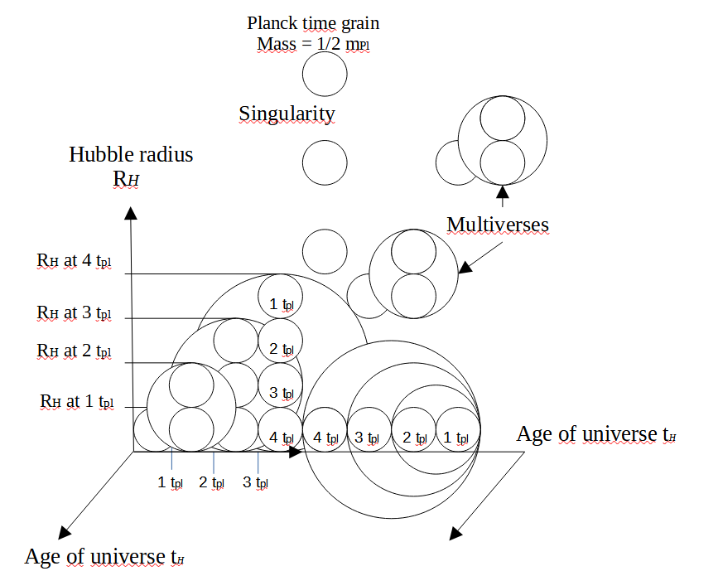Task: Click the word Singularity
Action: (287, 113)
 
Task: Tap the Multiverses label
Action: (497, 224)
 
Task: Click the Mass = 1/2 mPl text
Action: (311, 42)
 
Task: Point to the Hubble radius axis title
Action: (131, 154)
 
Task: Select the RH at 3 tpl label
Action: (74, 312)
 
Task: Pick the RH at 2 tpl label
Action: (74, 351)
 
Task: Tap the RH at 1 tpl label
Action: (76, 402)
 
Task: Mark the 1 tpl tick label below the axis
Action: (171, 481)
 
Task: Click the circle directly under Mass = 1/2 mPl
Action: (325, 75)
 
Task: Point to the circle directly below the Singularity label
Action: (325, 162)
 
